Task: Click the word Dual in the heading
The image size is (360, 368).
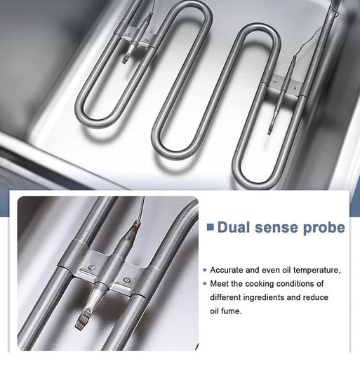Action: click(234, 228)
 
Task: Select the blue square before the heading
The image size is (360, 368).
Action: click(211, 227)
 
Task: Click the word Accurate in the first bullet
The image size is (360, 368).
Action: click(227, 270)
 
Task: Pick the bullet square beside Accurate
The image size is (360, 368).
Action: click(205, 271)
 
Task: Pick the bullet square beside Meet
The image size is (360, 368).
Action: click(205, 284)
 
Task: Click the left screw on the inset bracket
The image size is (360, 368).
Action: click(91, 267)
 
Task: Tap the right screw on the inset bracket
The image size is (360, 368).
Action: click(126, 279)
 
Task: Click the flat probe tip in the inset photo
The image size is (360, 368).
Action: click(83, 319)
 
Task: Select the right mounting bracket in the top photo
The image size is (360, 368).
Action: click(285, 86)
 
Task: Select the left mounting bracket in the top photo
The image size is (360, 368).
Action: click(135, 38)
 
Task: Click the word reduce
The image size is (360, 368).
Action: click(316, 297)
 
